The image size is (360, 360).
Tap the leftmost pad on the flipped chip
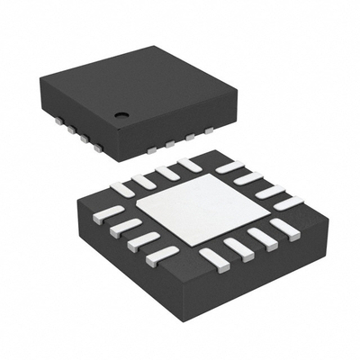pos(106,214)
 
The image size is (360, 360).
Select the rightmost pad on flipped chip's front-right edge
pos(285,229)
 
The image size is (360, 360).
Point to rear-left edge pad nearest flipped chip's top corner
pos(190,165)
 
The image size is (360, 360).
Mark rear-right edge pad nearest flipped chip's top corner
pos(229,167)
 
